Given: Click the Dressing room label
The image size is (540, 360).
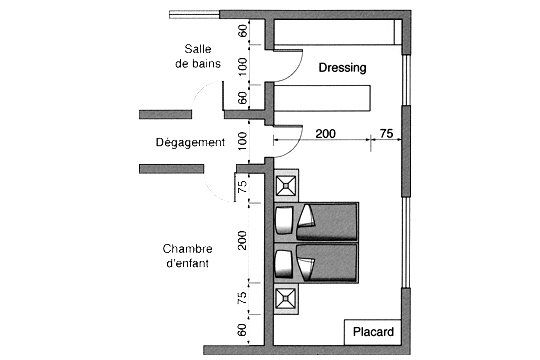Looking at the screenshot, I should point(342,68).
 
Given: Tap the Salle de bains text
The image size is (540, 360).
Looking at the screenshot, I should point(207,57).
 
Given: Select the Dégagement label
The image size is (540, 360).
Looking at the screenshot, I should point(191,143).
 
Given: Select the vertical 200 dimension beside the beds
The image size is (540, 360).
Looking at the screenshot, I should point(241,240).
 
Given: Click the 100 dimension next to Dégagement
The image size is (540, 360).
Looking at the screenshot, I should point(241,140).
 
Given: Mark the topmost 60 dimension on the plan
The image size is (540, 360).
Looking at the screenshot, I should point(241,30).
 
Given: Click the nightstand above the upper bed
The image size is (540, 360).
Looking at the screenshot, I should point(287,185).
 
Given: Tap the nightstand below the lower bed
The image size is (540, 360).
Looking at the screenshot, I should point(287,297).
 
